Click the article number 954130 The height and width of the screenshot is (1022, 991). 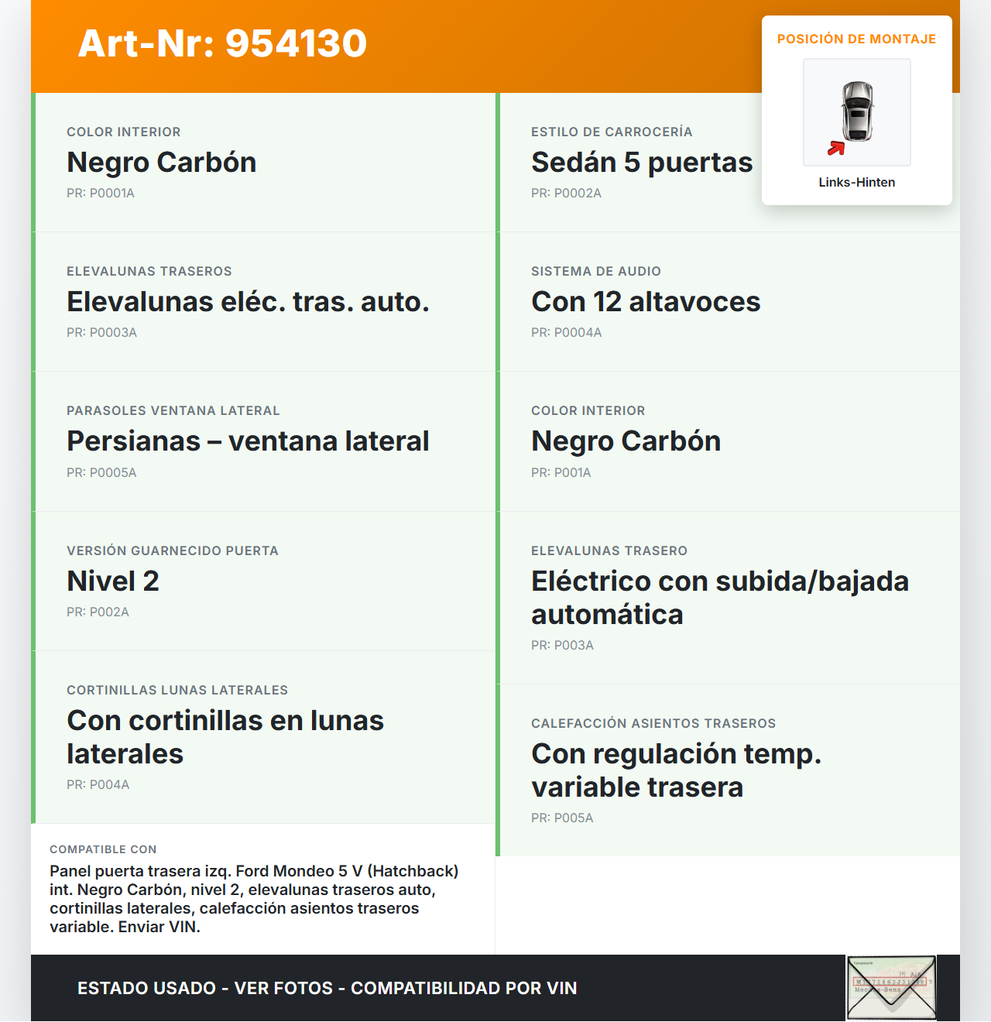(296, 43)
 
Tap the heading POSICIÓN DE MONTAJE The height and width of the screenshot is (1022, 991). (856, 39)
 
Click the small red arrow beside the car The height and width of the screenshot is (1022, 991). (836, 148)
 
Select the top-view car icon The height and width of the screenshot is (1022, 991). (858, 111)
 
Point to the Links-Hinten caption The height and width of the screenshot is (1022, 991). (856, 183)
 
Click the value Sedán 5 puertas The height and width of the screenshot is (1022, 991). (641, 163)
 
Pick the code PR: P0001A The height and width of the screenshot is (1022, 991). (101, 194)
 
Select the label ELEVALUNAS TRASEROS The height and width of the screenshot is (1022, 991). (149, 272)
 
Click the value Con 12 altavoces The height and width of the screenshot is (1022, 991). (646, 302)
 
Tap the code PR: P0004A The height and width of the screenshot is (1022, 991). (566, 333)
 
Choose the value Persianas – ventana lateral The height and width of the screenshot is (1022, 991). (248, 441)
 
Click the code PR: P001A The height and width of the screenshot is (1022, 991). (561, 473)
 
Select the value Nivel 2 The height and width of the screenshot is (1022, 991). (113, 581)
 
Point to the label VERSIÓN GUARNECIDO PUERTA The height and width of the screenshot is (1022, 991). (173, 551)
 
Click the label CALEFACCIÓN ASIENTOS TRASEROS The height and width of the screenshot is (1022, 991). (653, 724)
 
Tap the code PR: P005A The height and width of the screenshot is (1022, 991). (562, 818)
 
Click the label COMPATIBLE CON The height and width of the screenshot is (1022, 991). (103, 850)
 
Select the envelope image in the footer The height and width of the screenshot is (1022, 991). (891, 988)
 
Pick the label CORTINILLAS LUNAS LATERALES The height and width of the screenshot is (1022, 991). (177, 691)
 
